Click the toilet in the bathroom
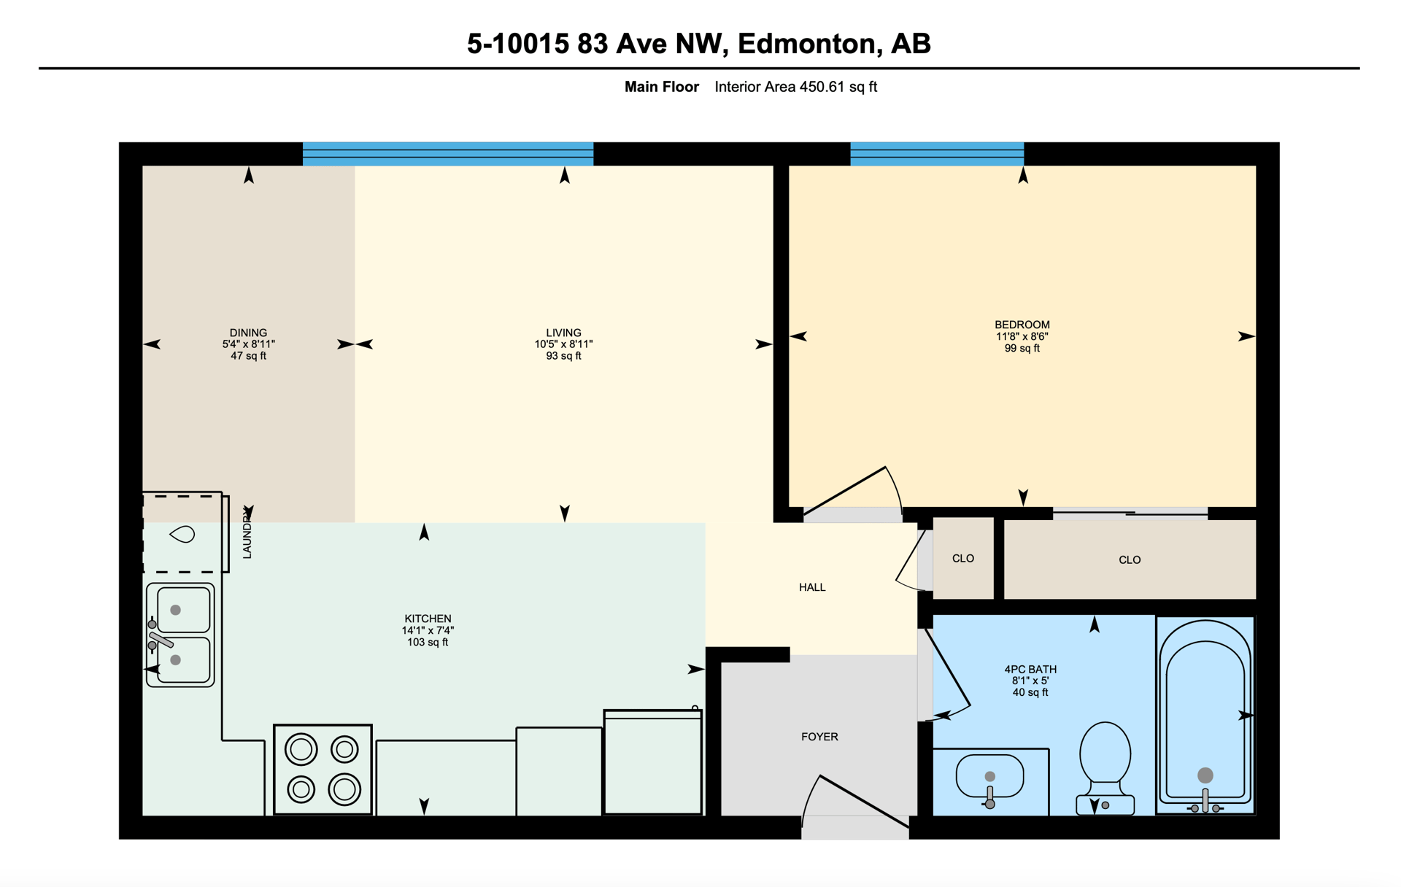point(1105,767)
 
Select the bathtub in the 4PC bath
point(1205,715)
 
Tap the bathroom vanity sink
point(989,778)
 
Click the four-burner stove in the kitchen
point(323,770)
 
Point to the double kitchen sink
point(180,635)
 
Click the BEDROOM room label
point(1022,325)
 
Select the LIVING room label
point(563,333)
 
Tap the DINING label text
point(248,333)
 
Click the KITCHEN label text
point(428,619)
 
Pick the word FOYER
point(819,737)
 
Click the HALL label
point(812,587)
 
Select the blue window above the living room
point(448,154)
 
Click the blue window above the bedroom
point(937,154)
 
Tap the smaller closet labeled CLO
point(963,558)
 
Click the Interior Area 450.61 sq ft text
point(795,87)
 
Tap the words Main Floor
point(661,87)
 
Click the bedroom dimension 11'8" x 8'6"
point(1022,336)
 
